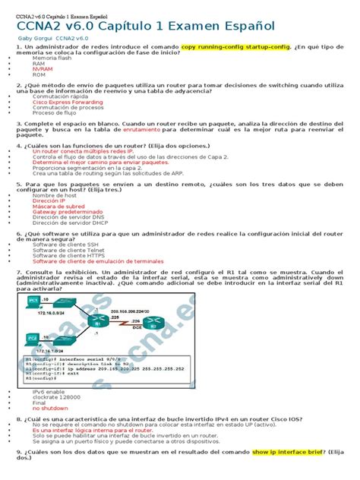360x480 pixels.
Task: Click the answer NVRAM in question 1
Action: pyautogui.click(x=43, y=69)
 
